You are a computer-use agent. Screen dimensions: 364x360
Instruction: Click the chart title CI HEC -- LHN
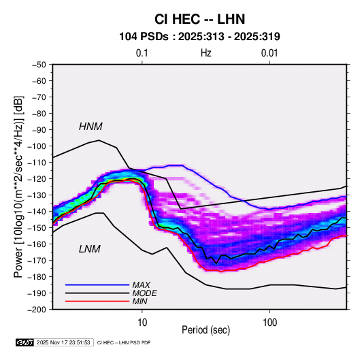(199, 19)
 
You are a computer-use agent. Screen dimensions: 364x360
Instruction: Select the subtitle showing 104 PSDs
(199, 37)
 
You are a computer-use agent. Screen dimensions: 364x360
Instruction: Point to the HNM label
(90, 127)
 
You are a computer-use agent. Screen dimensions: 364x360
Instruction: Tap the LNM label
(90, 249)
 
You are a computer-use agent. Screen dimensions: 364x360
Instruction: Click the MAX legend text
(141, 285)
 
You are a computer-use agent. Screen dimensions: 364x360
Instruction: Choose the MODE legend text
(144, 293)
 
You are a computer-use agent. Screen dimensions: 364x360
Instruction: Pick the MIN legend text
(139, 301)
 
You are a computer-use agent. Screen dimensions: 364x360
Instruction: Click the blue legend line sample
(97, 285)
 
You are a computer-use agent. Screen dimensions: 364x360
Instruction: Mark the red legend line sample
(97, 301)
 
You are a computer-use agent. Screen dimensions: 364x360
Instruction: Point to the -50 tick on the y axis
(39, 65)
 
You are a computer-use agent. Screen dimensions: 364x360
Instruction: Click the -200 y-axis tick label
(37, 310)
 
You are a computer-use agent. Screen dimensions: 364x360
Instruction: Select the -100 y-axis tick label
(37, 146)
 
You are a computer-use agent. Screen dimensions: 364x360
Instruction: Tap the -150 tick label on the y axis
(37, 228)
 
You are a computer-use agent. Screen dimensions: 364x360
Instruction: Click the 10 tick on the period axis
(142, 323)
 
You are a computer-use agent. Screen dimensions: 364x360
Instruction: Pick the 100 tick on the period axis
(269, 323)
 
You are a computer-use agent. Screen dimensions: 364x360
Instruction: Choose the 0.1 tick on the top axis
(142, 53)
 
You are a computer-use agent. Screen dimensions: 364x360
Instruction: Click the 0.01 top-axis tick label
(269, 53)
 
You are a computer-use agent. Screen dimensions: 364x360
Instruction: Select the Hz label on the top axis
(206, 53)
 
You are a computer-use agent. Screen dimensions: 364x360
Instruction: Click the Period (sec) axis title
(205, 330)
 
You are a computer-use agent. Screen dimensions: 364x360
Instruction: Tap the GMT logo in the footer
(24, 342)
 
